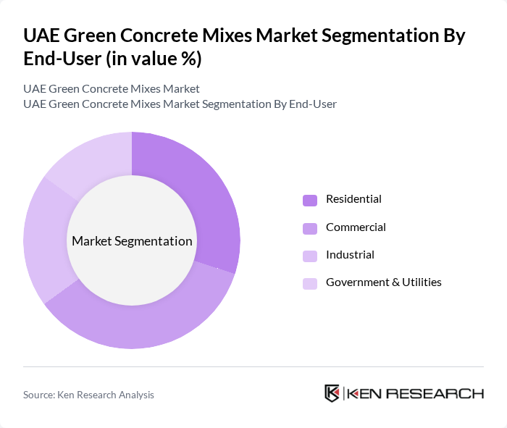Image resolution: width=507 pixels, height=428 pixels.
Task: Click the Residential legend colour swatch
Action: (310, 200)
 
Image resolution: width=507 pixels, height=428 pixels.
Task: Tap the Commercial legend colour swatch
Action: (310, 228)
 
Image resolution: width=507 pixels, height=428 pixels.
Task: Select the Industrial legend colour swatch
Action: (310, 256)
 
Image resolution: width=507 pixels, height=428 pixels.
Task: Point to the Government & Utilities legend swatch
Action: (310, 283)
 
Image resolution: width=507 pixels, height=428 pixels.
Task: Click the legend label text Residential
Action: (353, 199)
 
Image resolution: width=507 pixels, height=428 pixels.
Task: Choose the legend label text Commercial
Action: (356, 227)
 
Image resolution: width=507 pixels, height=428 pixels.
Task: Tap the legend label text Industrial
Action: (350, 255)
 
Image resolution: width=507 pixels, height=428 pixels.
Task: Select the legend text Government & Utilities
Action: (383, 282)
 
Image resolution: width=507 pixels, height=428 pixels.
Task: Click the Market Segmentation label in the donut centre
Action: (132, 241)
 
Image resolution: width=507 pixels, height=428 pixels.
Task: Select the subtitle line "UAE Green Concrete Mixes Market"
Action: (112, 89)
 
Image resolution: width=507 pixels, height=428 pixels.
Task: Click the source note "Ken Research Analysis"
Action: (109, 395)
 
